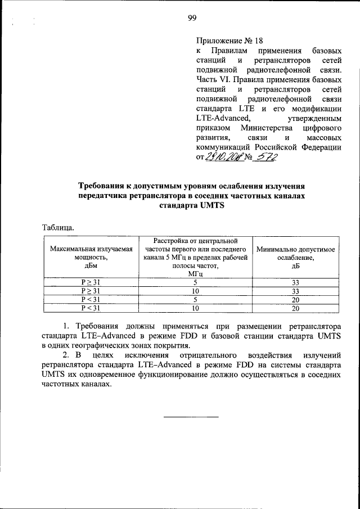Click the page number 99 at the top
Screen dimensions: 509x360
click(192, 18)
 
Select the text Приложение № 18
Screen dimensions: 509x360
click(229, 40)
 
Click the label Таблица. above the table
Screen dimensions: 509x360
click(58, 228)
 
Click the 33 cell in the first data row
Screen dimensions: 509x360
click(295, 282)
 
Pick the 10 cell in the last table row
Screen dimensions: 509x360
click(195, 308)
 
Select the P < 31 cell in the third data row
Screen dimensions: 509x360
click(90, 299)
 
